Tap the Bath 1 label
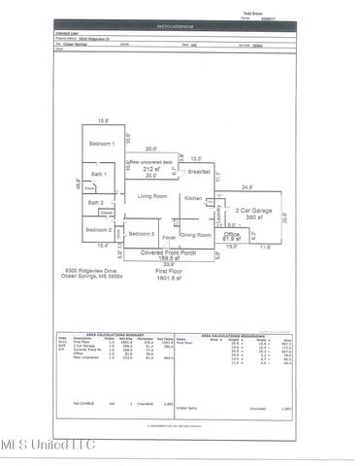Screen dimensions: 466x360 (98, 174)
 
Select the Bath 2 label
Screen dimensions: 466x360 (95, 202)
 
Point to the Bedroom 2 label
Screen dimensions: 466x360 (98, 229)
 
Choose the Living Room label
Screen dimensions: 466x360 (152, 196)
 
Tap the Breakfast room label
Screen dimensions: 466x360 (201, 171)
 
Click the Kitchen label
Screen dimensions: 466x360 (193, 198)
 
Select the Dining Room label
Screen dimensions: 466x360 (197, 235)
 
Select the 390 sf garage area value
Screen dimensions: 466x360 (253, 219)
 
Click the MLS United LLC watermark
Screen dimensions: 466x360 (48, 445)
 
